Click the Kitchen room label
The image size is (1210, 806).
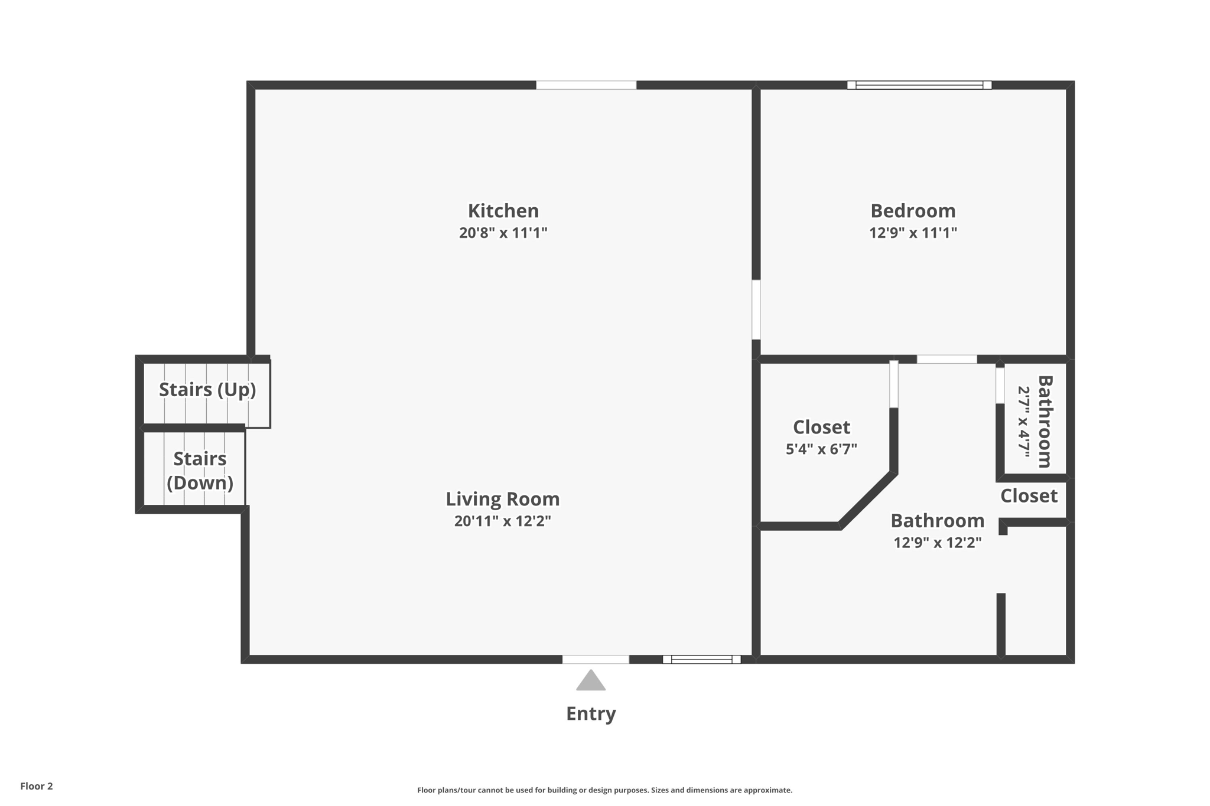pyautogui.click(x=503, y=211)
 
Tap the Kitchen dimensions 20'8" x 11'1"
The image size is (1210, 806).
pyautogui.click(x=503, y=233)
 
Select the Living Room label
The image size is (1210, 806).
pyautogui.click(x=502, y=499)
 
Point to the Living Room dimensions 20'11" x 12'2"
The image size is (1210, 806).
pyautogui.click(x=502, y=521)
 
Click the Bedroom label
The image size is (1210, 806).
pyautogui.click(x=912, y=211)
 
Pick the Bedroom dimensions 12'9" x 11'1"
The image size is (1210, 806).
pyautogui.click(x=912, y=233)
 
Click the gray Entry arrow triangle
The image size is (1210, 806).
pyautogui.click(x=591, y=681)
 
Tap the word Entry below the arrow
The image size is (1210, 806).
pyautogui.click(x=591, y=713)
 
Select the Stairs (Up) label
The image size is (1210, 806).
pyautogui.click(x=207, y=390)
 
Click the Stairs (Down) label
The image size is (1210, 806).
pyautogui.click(x=200, y=471)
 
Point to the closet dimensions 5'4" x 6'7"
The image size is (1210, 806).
pyautogui.click(x=821, y=449)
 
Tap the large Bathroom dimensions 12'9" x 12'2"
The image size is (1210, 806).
pyautogui.click(x=937, y=542)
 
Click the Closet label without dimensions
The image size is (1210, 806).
pyautogui.click(x=1029, y=495)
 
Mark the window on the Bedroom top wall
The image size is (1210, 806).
pyautogui.click(x=919, y=85)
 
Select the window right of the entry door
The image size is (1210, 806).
pyautogui.click(x=701, y=660)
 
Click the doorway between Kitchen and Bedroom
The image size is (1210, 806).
pyautogui.click(x=756, y=309)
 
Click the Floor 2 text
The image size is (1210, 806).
pyautogui.click(x=37, y=786)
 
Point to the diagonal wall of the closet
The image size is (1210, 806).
pyautogui.click(x=867, y=500)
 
